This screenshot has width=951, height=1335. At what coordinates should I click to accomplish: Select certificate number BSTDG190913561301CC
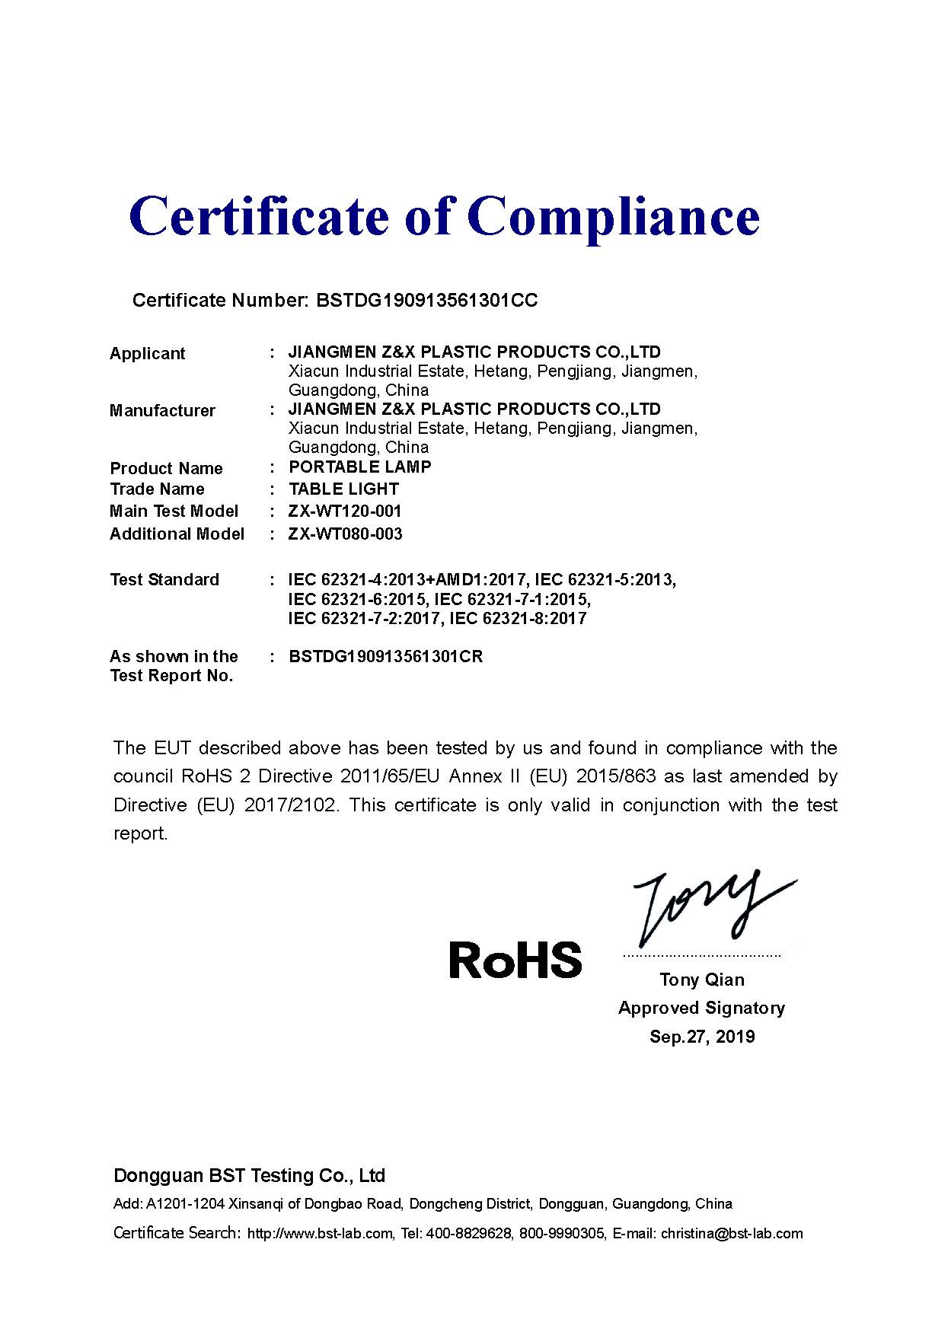click(426, 301)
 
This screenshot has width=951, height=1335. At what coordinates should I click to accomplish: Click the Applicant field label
click(147, 353)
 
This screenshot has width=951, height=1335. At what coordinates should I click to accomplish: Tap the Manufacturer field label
click(162, 411)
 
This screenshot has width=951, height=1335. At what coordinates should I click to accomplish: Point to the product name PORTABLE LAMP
click(360, 467)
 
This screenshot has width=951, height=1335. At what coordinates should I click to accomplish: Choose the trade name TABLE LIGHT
click(343, 489)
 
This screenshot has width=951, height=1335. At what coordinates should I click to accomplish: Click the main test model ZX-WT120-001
click(345, 511)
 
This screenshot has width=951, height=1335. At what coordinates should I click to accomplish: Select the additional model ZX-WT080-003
click(345, 534)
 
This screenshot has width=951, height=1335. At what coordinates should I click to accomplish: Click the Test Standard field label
click(164, 580)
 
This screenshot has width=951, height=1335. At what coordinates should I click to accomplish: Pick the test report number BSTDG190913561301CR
click(385, 656)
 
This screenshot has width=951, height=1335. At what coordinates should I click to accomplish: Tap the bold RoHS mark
click(515, 960)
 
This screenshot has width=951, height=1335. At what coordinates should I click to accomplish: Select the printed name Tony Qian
click(702, 980)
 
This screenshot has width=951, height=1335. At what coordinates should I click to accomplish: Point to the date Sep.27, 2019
click(702, 1037)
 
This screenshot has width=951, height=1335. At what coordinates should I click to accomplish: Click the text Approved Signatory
click(701, 1008)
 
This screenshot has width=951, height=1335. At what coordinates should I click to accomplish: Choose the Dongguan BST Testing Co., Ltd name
click(249, 1176)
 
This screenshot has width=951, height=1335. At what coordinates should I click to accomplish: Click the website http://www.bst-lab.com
click(320, 1234)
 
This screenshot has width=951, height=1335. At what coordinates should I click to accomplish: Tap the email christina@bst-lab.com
click(732, 1234)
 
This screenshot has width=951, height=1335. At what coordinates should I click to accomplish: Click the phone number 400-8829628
click(468, 1234)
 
